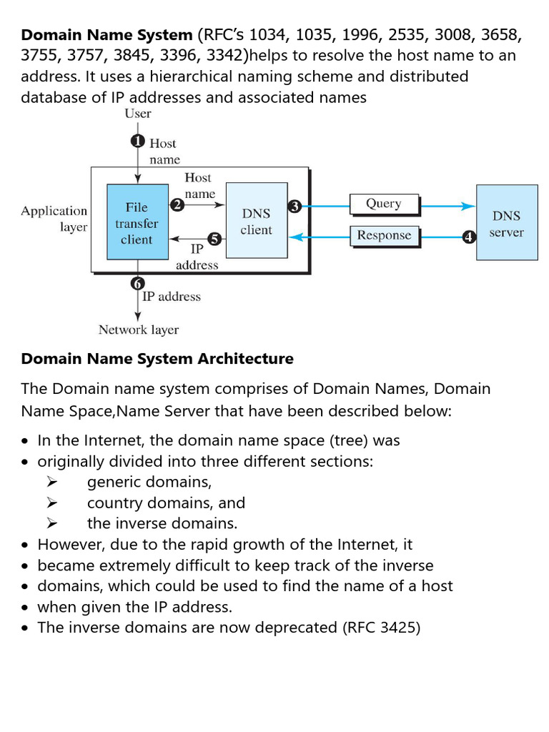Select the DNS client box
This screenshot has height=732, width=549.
coord(256,220)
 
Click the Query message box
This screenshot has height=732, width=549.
coord(383,204)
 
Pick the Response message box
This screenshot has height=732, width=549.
coord(384,235)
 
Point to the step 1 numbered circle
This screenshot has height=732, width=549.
coord(137,142)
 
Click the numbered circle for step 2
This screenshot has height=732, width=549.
coord(177,204)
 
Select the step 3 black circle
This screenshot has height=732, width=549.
coord(295,207)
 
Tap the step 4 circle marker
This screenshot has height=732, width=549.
coord(469,237)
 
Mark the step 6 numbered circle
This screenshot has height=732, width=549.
coord(137,284)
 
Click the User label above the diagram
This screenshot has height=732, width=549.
coord(138,114)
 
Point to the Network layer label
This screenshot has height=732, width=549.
coord(139,330)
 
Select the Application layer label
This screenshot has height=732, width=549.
coord(54,219)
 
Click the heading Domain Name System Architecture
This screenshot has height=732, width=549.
coord(157,359)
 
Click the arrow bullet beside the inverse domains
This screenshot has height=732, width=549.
coord(51,523)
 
